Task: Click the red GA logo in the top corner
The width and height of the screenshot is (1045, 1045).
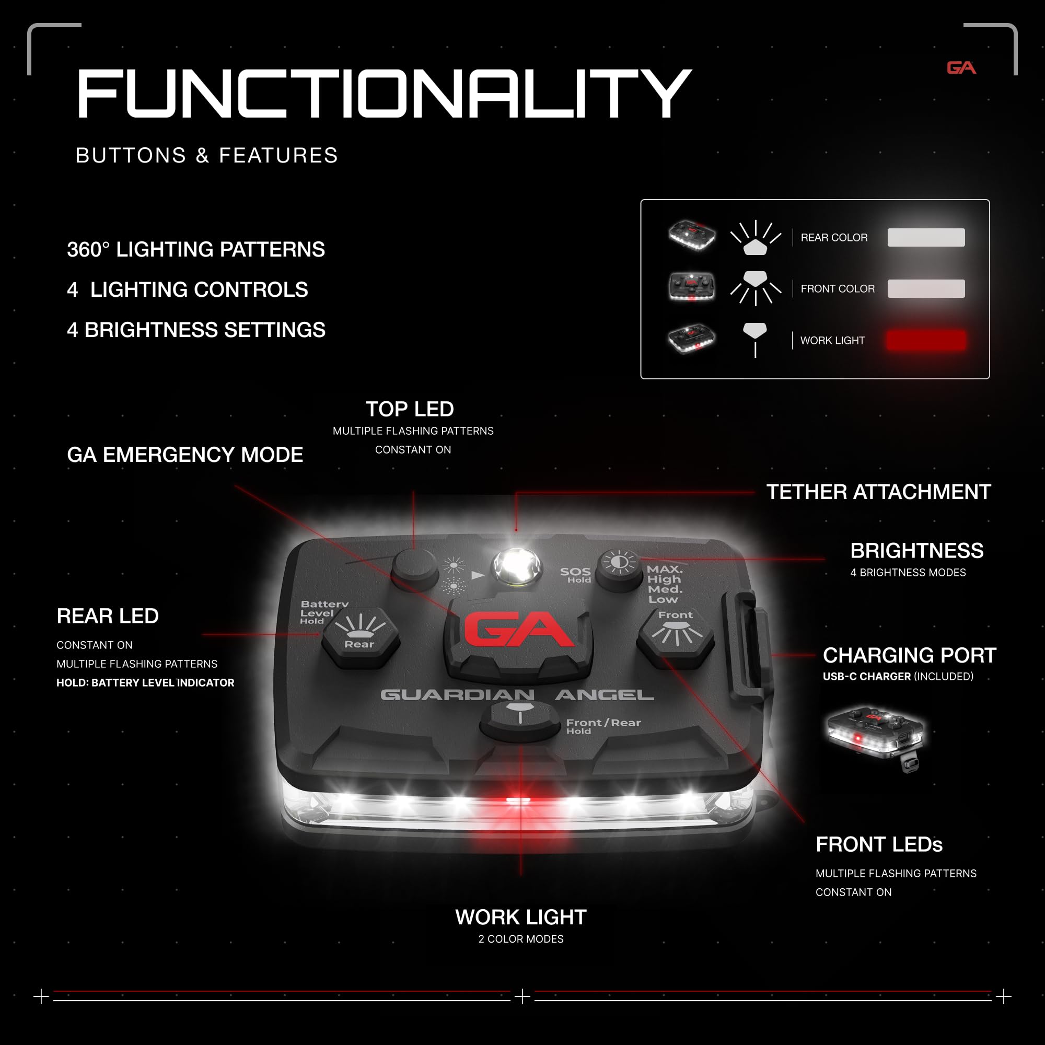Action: point(961,67)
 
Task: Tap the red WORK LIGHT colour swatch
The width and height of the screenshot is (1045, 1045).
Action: point(926,340)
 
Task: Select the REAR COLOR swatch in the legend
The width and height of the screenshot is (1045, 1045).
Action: point(926,237)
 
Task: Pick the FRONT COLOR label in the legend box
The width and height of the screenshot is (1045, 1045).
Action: point(837,289)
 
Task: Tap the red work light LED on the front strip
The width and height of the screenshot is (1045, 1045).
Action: point(518,800)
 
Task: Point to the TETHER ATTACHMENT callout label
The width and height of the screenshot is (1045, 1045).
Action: point(878,492)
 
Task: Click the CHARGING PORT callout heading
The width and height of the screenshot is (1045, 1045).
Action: point(909,655)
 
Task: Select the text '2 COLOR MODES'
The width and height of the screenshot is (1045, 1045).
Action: point(521,939)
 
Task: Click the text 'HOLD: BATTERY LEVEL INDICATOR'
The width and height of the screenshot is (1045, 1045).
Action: point(145,682)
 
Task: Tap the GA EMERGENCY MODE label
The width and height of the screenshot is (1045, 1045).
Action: point(185,455)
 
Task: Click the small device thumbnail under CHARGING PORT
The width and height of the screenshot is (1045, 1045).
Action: point(876,737)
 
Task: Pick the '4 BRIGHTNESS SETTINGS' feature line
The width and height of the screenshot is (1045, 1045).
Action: point(196,330)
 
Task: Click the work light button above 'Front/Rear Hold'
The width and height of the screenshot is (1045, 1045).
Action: point(520,720)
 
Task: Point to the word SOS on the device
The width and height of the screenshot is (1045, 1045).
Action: point(575,572)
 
